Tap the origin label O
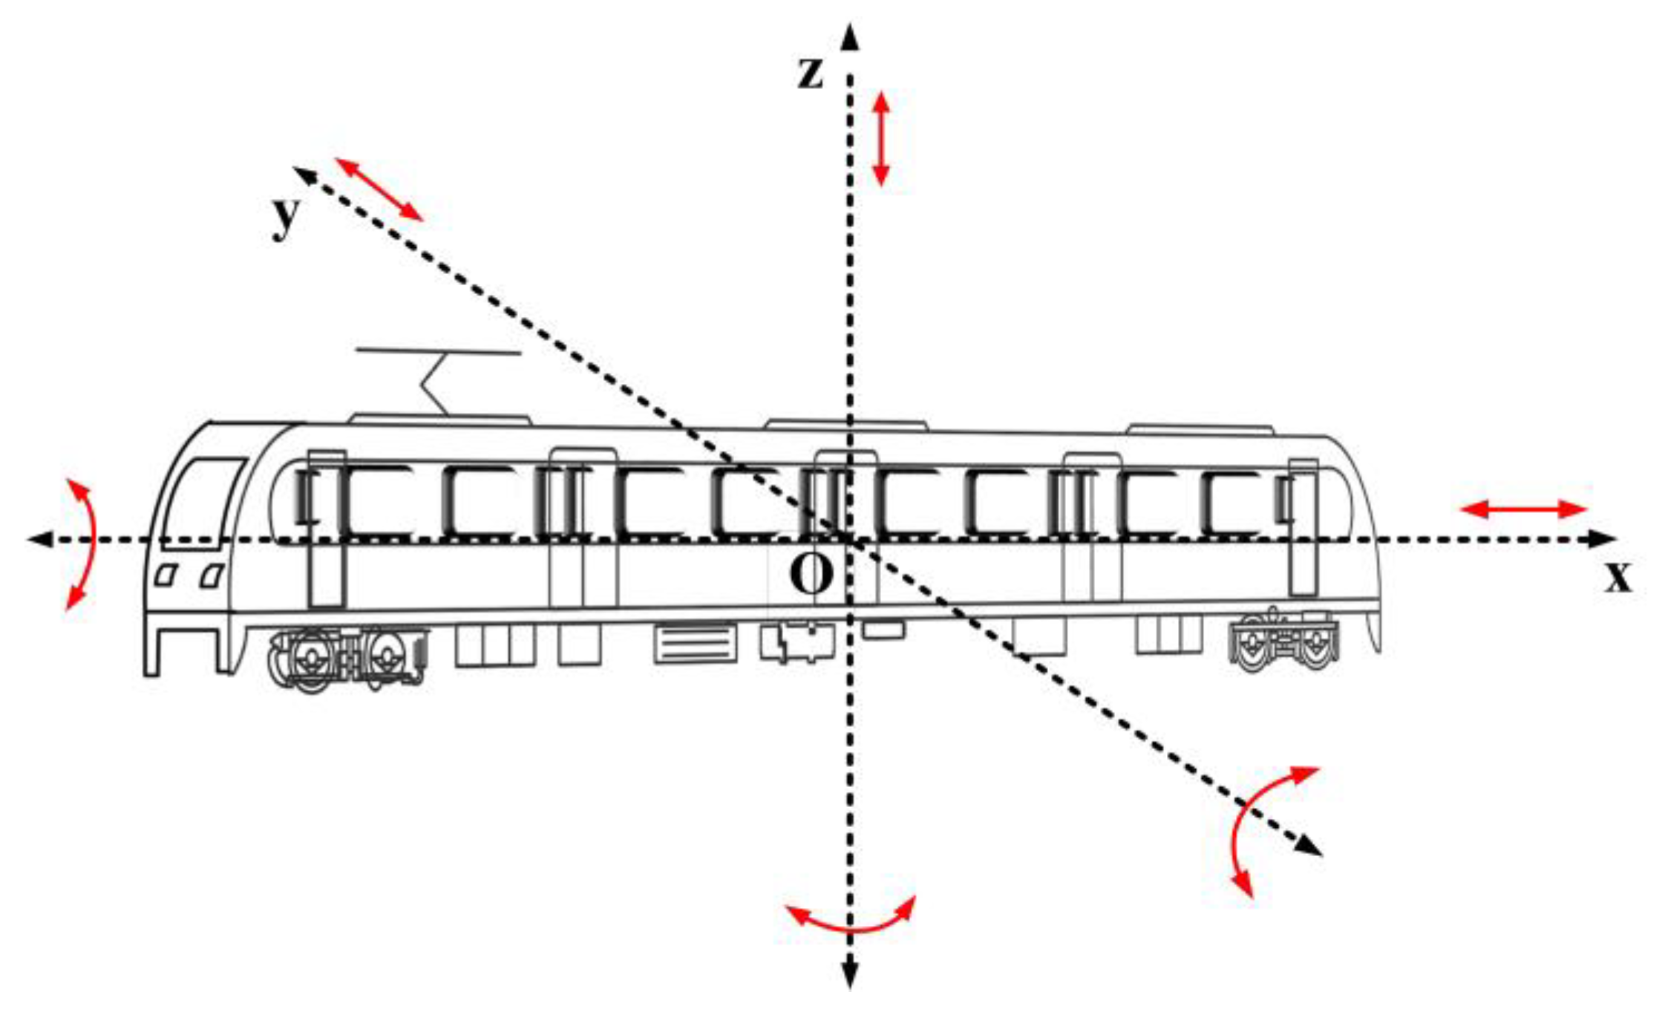point(811,575)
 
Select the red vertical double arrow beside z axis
point(881,138)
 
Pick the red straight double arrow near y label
point(379,189)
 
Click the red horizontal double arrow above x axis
point(1522,509)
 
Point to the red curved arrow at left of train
point(85,544)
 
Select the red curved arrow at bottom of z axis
point(851,920)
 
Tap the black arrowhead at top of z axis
point(851,37)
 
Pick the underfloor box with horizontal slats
point(695,643)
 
